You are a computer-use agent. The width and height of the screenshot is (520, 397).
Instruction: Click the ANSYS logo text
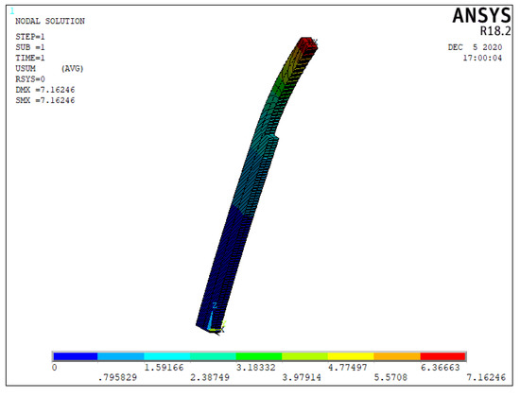coord(481,15)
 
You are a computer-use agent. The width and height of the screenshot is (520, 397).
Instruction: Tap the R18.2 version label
coord(495,31)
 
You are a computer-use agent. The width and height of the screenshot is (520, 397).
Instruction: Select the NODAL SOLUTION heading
coord(50,21)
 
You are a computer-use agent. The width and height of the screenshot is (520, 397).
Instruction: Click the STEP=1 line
coord(30,37)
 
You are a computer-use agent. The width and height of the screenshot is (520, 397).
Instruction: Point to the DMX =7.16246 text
coord(45,90)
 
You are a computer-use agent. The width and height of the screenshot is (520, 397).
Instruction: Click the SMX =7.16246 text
coord(45,100)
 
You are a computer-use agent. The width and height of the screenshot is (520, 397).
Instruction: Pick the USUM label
coord(26,69)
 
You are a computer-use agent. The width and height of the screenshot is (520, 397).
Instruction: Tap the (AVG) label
coord(72,69)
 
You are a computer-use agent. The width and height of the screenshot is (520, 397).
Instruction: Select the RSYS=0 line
coord(30,79)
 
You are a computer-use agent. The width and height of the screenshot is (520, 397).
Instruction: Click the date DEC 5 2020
coord(475,47)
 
